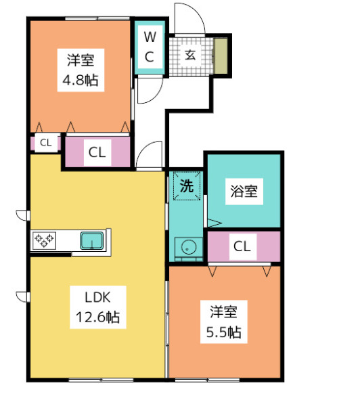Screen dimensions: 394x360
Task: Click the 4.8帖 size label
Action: (81, 80)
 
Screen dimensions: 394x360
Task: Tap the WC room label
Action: (150, 46)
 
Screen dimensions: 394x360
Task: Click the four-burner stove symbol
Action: (45, 240)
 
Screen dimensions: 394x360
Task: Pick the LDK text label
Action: (97, 297)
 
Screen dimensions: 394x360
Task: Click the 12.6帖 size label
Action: (97, 317)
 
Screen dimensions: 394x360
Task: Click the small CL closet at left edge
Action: (45, 143)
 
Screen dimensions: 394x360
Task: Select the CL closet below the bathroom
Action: (242, 247)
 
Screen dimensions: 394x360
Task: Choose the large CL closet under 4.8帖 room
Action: (97, 153)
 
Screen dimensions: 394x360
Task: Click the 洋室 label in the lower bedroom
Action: (223, 312)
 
